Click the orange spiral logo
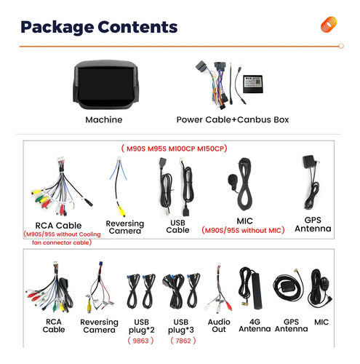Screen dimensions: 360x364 click(x=329, y=24)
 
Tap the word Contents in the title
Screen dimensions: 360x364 click(x=137, y=27)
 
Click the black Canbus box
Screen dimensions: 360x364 click(x=252, y=84)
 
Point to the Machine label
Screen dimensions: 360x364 click(x=104, y=119)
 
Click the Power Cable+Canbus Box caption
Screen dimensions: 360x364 click(x=233, y=119)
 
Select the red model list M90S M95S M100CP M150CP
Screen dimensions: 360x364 click(x=175, y=149)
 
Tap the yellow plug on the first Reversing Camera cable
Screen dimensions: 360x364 click(x=121, y=211)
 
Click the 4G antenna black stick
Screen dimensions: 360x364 click(x=257, y=290)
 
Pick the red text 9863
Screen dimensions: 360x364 click(x=140, y=341)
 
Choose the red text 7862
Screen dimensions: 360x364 click(x=183, y=341)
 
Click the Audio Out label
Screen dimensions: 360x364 click(x=219, y=325)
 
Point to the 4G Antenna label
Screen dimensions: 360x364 click(x=255, y=325)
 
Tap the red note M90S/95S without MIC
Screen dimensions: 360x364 click(x=243, y=230)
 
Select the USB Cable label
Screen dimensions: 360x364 click(x=177, y=226)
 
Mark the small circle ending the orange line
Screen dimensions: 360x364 click(x=341, y=46)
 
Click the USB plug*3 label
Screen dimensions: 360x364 click(x=181, y=326)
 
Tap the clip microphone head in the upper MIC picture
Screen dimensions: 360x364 click(x=232, y=180)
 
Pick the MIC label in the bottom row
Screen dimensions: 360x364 click(x=321, y=322)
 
